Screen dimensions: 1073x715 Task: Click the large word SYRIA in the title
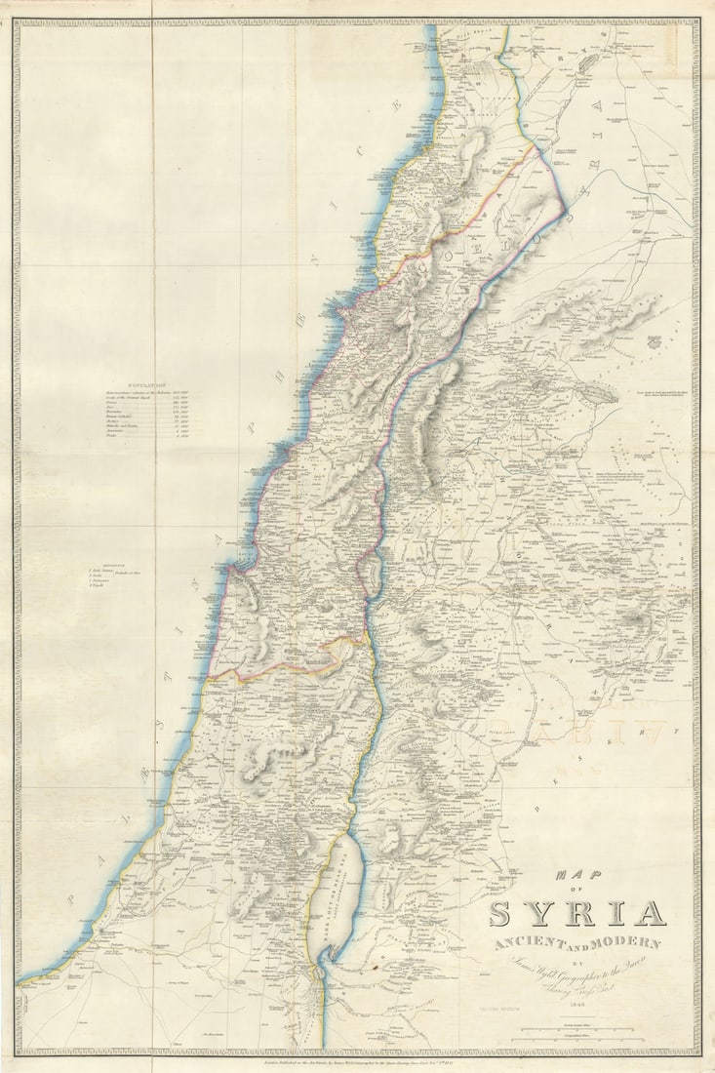pos(576,914)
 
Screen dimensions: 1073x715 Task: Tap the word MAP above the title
pos(576,875)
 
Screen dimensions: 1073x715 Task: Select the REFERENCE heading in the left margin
pos(101,563)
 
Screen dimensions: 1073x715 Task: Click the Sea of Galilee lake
pos(371,576)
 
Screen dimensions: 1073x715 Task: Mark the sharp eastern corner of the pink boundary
pos(565,206)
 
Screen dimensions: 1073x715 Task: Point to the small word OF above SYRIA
pos(576,891)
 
